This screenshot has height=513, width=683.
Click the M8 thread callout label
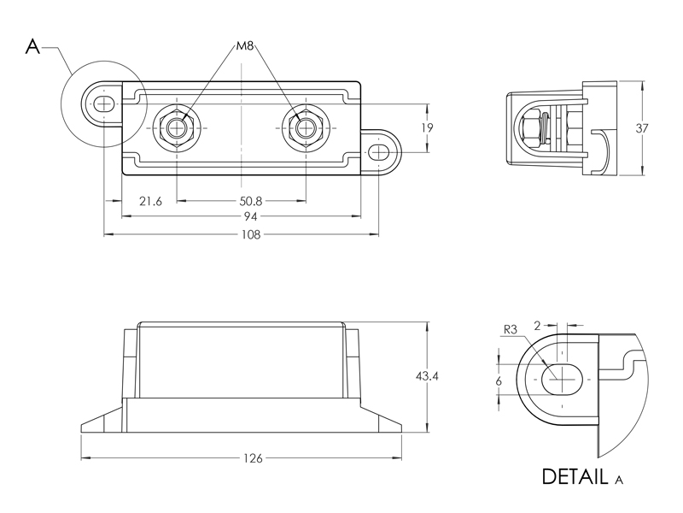(x=248, y=44)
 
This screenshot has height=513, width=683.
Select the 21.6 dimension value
(x=150, y=202)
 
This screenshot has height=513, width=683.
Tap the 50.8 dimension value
(x=252, y=202)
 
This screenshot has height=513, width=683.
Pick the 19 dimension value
(x=428, y=128)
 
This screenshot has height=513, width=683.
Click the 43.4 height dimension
(x=428, y=377)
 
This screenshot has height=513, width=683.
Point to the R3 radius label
(x=511, y=329)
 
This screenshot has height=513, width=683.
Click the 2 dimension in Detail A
(x=537, y=325)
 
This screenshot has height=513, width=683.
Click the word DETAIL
(x=575, y=475)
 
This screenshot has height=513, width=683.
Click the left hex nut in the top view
(x=177, y=129)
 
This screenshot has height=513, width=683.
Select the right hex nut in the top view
(x=305, y=129)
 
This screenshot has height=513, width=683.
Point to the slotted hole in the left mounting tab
(x=102, y=104)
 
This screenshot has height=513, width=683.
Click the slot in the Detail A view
(x=561, y=376)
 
